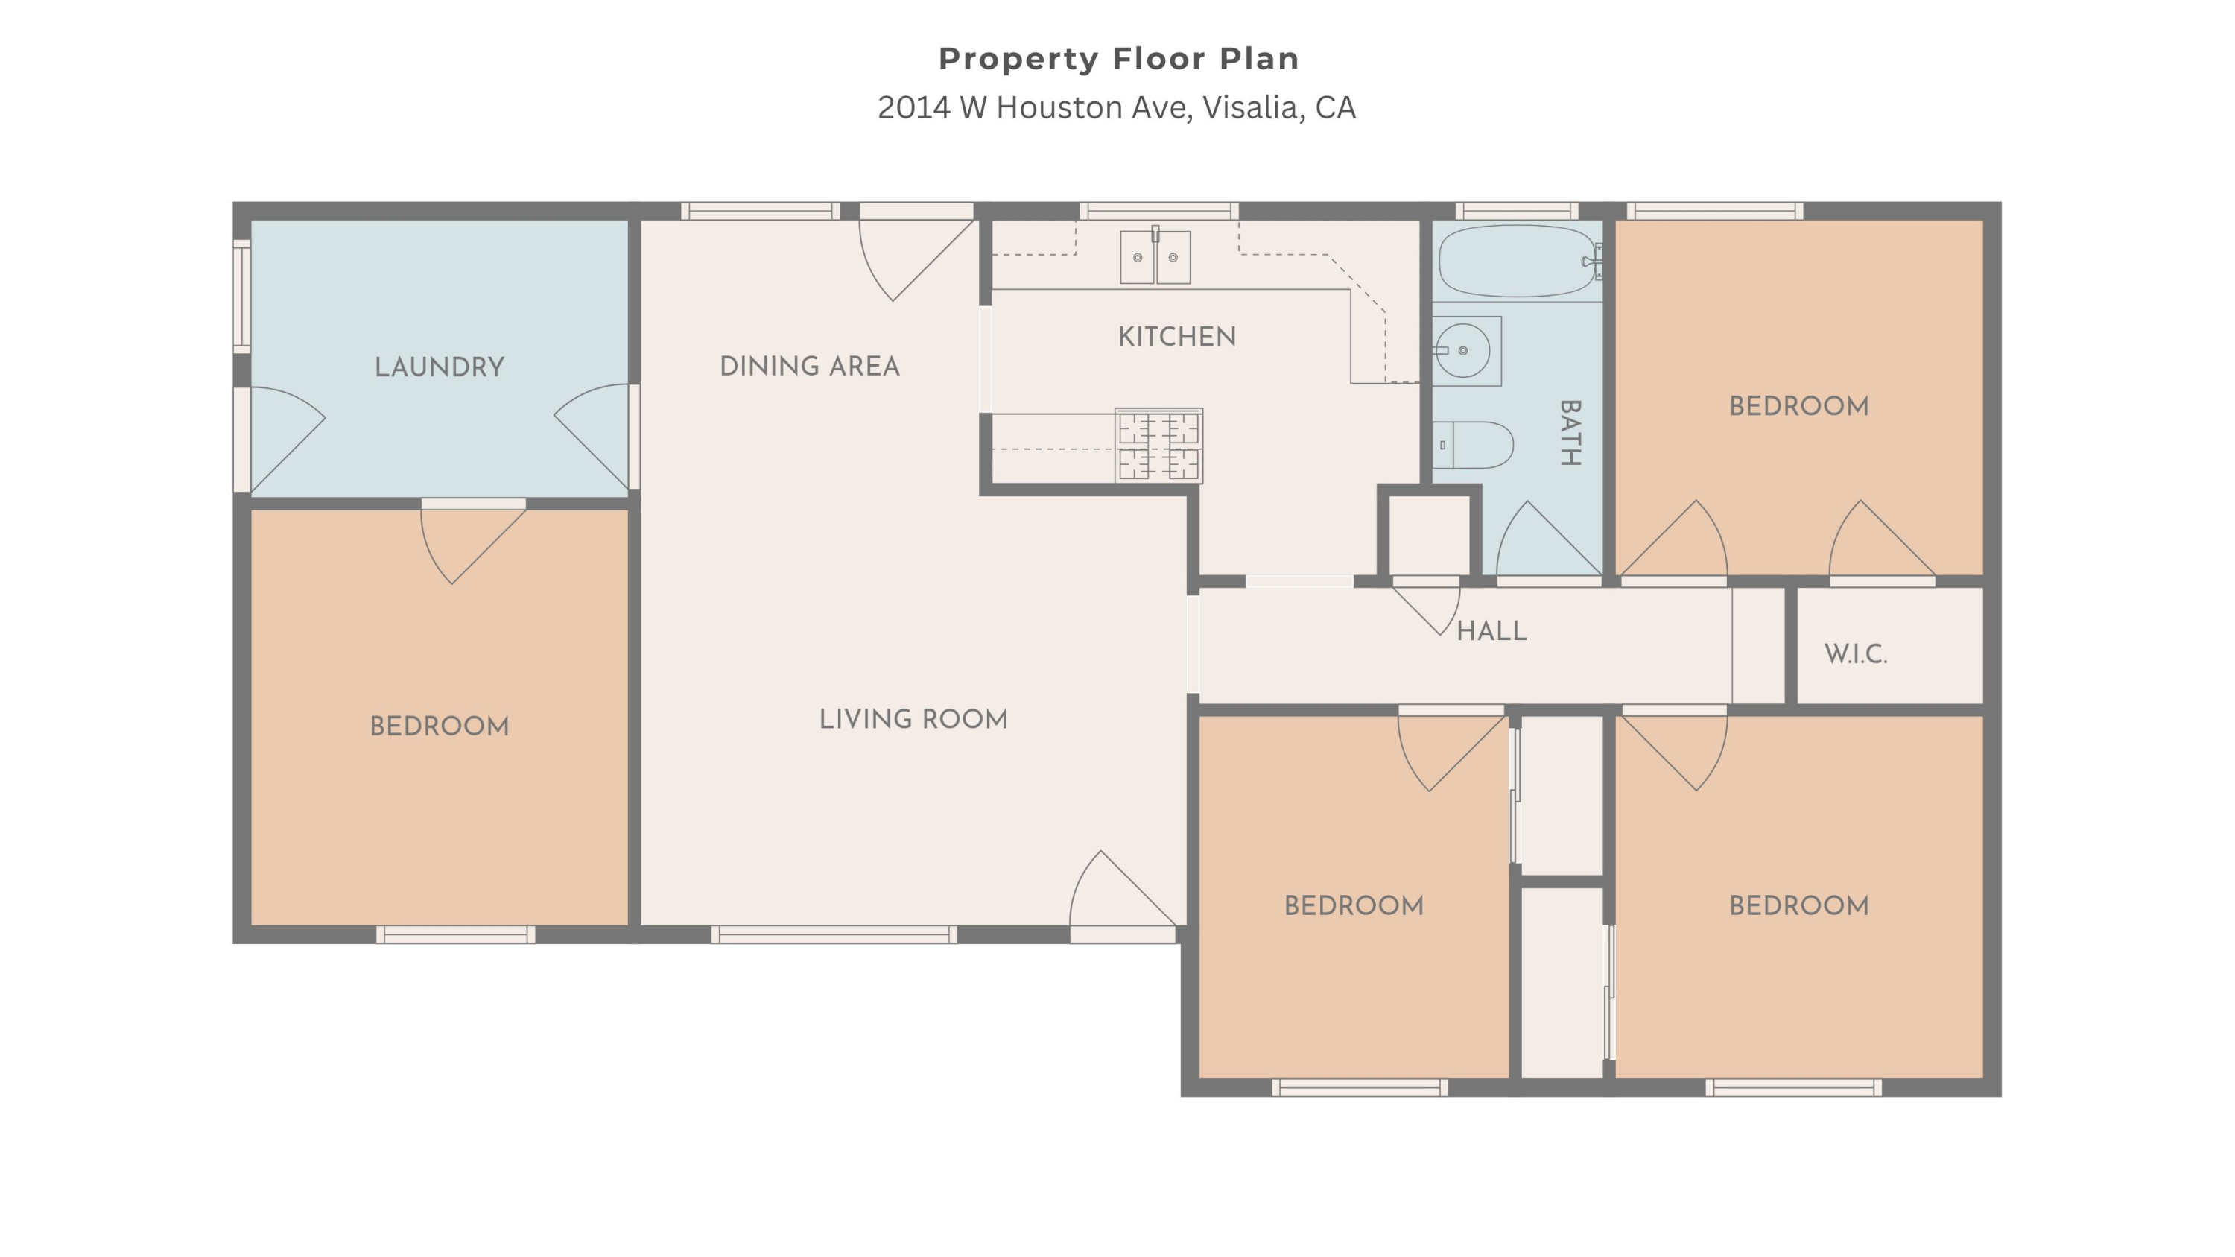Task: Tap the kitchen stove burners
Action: coord(1158,445)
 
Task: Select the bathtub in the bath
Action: coord(1519,261)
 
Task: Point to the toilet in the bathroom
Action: coord(1472,445)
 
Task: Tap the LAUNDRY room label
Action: coord(439,367)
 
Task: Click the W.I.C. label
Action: coord(1856,653)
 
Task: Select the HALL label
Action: coord(1491,630)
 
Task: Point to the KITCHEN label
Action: coord(1176,337)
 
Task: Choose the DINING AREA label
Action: coord(810,366)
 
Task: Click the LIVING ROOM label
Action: coord(913,719)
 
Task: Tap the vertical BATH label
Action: coord(1570,433)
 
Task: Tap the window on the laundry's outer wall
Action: coord(242,296)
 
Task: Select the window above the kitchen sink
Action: coord(1159,211)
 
